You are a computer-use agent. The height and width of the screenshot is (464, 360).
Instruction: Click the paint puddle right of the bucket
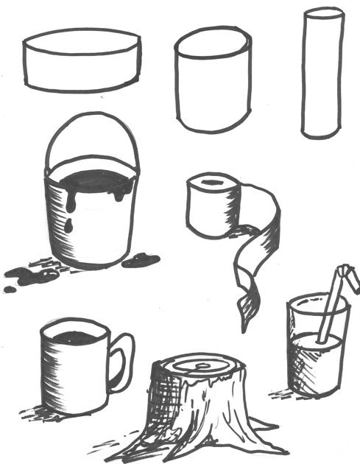point(141,259)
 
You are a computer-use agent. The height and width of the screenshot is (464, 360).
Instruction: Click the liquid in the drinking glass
point(317,361)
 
